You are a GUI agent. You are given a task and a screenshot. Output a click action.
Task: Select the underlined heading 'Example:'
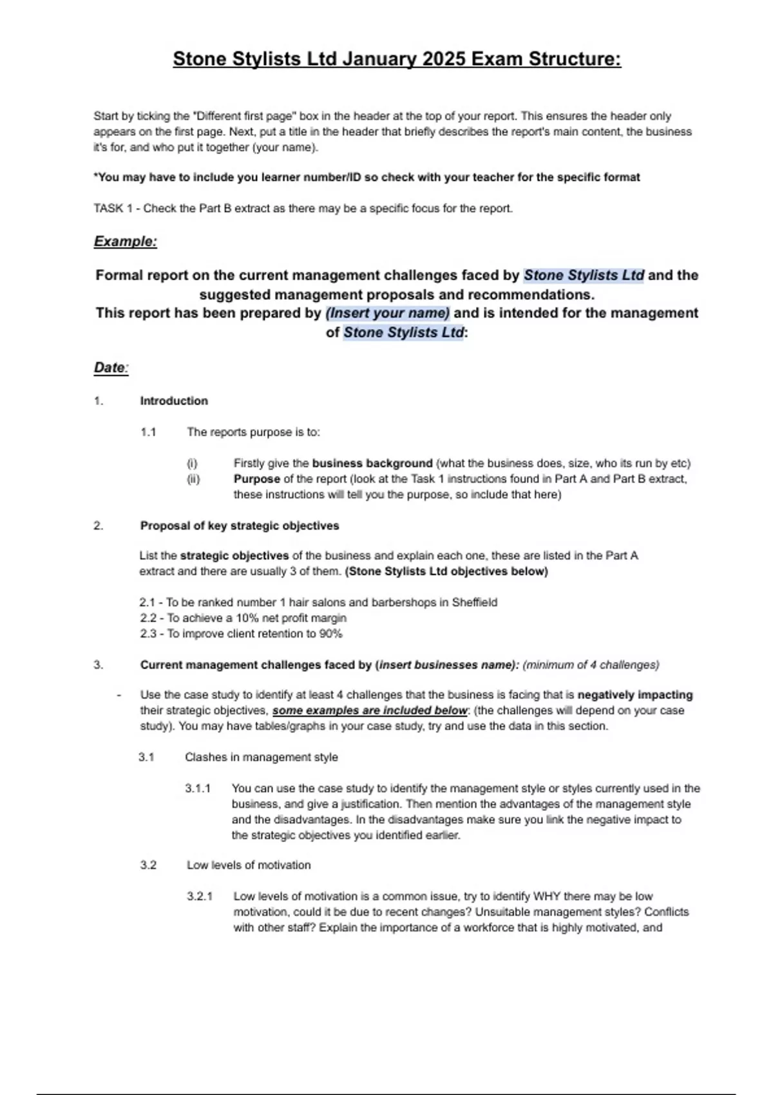coord(126,242)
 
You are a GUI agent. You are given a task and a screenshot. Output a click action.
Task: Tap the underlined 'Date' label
coord(110,368)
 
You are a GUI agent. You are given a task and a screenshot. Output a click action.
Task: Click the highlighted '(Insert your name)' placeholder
coord(388,313)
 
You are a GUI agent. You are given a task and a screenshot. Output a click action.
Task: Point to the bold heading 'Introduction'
coord(174,401)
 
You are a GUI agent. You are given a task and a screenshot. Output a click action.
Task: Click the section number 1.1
coord(148,432)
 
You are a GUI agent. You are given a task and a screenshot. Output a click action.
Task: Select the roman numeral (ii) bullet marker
coord(193,479)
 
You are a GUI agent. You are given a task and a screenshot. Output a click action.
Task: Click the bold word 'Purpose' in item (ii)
coord(256,479)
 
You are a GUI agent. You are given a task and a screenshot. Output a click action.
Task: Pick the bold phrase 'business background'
coord(372,463)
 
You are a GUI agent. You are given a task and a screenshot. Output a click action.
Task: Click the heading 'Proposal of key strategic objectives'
coord(240,526)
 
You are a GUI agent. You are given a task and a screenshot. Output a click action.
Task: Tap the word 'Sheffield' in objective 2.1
coord(475,602)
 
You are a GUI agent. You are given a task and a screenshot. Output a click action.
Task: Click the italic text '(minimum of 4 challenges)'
coord(591,665)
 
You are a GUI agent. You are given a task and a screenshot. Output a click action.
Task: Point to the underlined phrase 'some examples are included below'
coord(370,710)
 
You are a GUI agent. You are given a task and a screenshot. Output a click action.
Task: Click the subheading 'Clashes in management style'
coord(261,757)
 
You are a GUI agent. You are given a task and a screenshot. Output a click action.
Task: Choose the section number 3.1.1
coord(198,788)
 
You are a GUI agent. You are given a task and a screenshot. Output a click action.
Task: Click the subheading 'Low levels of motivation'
coord(249,865)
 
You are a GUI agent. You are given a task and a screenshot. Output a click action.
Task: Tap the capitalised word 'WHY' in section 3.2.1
coord(546,897)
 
